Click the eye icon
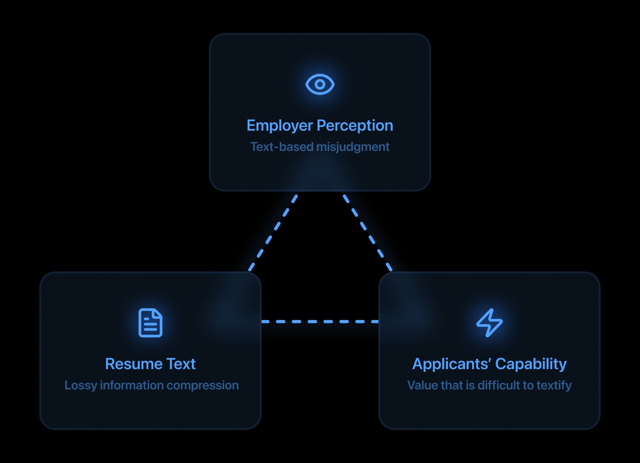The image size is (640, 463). (x=320, y=84)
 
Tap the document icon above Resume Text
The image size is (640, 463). (x=150, y=323)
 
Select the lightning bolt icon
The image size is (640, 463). (x=489, y=323)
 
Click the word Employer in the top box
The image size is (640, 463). (x=280, y=126)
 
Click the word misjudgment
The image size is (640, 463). (x=353, y=147)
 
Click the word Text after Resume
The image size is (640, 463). (x=181, y=364)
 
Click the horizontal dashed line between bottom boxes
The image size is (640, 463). (x=320, y=322)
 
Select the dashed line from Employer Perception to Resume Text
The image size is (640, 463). (x=273, y=233)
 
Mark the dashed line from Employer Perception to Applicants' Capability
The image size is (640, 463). (x=368, y=233)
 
